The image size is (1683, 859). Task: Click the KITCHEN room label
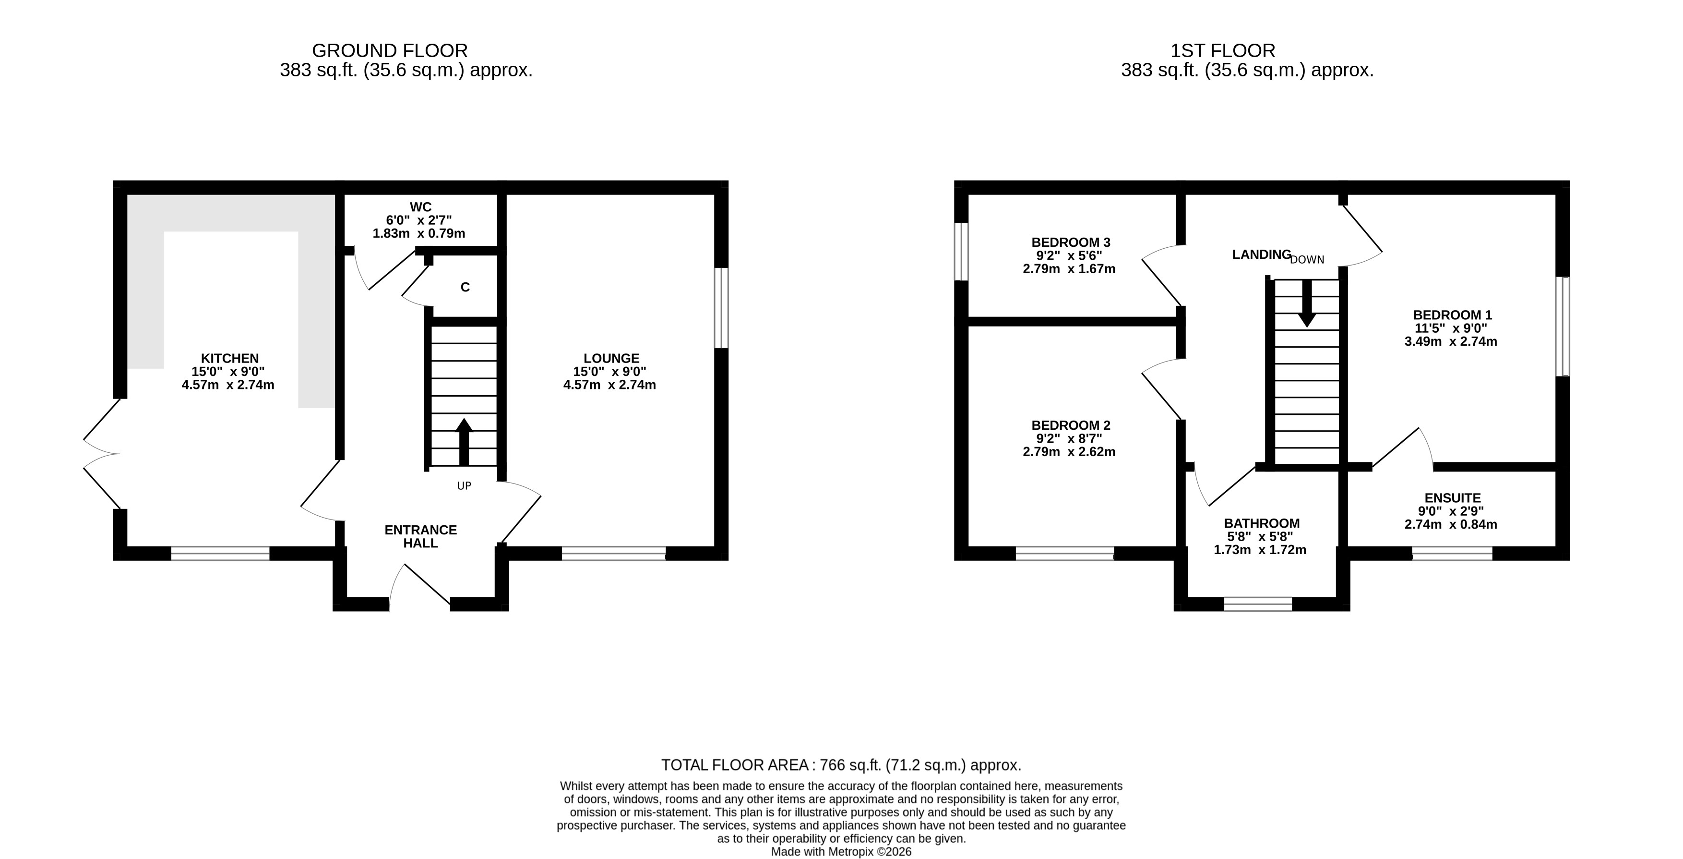click(x=229, y=358)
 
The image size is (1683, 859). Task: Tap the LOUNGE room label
click(x=611, y=358)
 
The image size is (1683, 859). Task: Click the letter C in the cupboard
click(x=465, y=287)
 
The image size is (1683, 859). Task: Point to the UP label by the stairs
click(x=464, y=486)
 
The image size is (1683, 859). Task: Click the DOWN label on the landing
click(x=1307, y=260)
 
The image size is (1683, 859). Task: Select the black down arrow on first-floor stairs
click(x=1307, y=303)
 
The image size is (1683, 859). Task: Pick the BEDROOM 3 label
click(x=1070, y=242)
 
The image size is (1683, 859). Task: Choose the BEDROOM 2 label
click(x=1070, y=425)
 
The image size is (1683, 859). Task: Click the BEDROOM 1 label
click(x=1452, y=315)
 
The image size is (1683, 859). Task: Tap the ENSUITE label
click(x=1452, y=498)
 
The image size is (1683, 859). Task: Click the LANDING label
click(x=1262, y=255)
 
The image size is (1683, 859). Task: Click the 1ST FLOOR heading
click(x=1222, y=51)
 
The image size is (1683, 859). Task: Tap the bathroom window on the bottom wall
click(x=1258, y=604)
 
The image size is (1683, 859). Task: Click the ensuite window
click(x=1452, y=553)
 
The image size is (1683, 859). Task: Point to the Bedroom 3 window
click(x=961, y=252)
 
